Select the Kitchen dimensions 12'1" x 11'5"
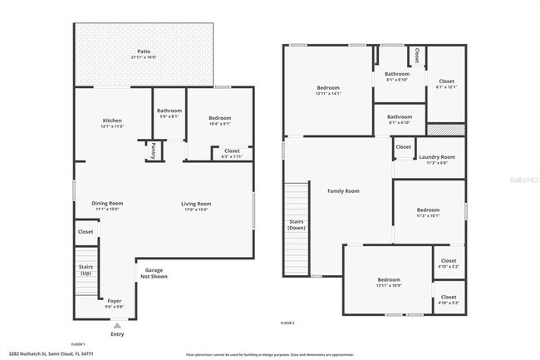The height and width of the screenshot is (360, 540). pyautogui.click(x=112, y=126)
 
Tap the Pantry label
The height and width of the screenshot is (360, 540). pyautogui.click(x=153, y=150)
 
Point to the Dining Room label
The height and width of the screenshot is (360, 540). pyautogui.click(x=107, y=203)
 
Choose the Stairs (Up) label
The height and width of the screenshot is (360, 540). pyautogui.click(x=86, y=270)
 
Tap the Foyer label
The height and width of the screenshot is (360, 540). pyautogui.click(x=114, y=300)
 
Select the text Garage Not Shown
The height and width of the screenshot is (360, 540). pyautogui.click(x=154, y=274)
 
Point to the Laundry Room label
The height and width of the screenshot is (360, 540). pyautogui.click(x=436, y=157)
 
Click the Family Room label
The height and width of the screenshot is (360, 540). pyautogui.click(x=343, y=191)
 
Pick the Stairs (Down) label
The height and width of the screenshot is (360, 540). pyautogui.click(x=297, y=224)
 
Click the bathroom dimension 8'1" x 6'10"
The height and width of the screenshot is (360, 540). pyautogui.click(x=396, y=80)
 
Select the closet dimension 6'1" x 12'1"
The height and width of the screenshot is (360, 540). pyautogui.click(x=446, y=87)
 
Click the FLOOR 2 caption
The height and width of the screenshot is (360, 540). pyautogui.click(x=287, y=323)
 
